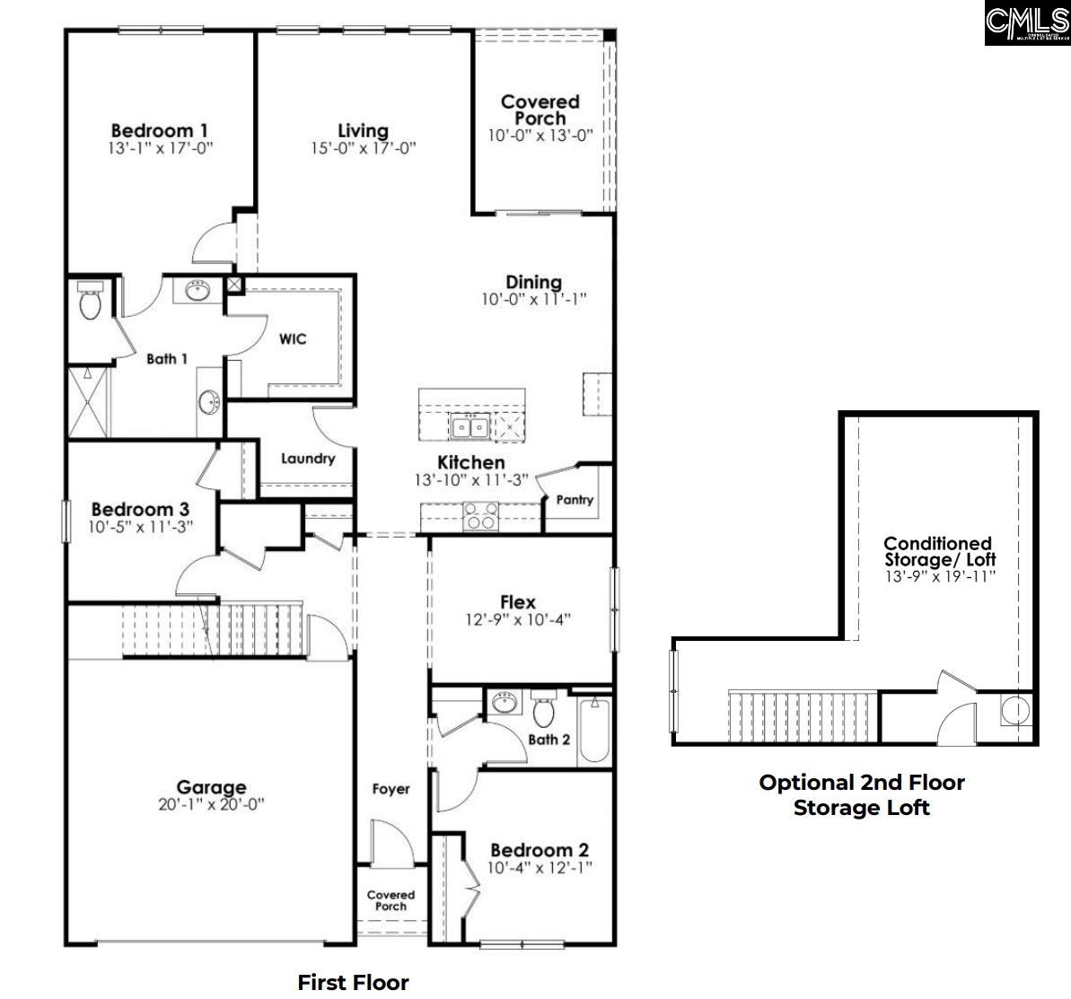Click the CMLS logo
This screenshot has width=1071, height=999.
[1027, 23]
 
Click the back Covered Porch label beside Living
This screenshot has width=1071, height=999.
[540, 110]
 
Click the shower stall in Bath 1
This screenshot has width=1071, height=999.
[88, 400]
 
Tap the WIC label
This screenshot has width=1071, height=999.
[293, 338]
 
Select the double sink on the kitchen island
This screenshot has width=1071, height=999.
[469, 427]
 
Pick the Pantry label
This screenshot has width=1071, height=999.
[575, 499]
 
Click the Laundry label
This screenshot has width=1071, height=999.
[308, 459]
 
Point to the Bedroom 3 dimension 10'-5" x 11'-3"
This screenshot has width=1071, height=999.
[140, 527]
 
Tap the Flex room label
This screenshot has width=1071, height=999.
[517, 602]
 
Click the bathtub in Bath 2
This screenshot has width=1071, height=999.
[593, 730]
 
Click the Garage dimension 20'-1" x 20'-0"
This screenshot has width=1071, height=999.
[211, 805]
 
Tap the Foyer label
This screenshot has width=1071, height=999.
[391, 789]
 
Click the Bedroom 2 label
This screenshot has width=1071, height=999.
[539, 849]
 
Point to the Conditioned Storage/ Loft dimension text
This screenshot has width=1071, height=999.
[939, 576]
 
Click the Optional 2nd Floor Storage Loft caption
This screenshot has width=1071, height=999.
[861, 794]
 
